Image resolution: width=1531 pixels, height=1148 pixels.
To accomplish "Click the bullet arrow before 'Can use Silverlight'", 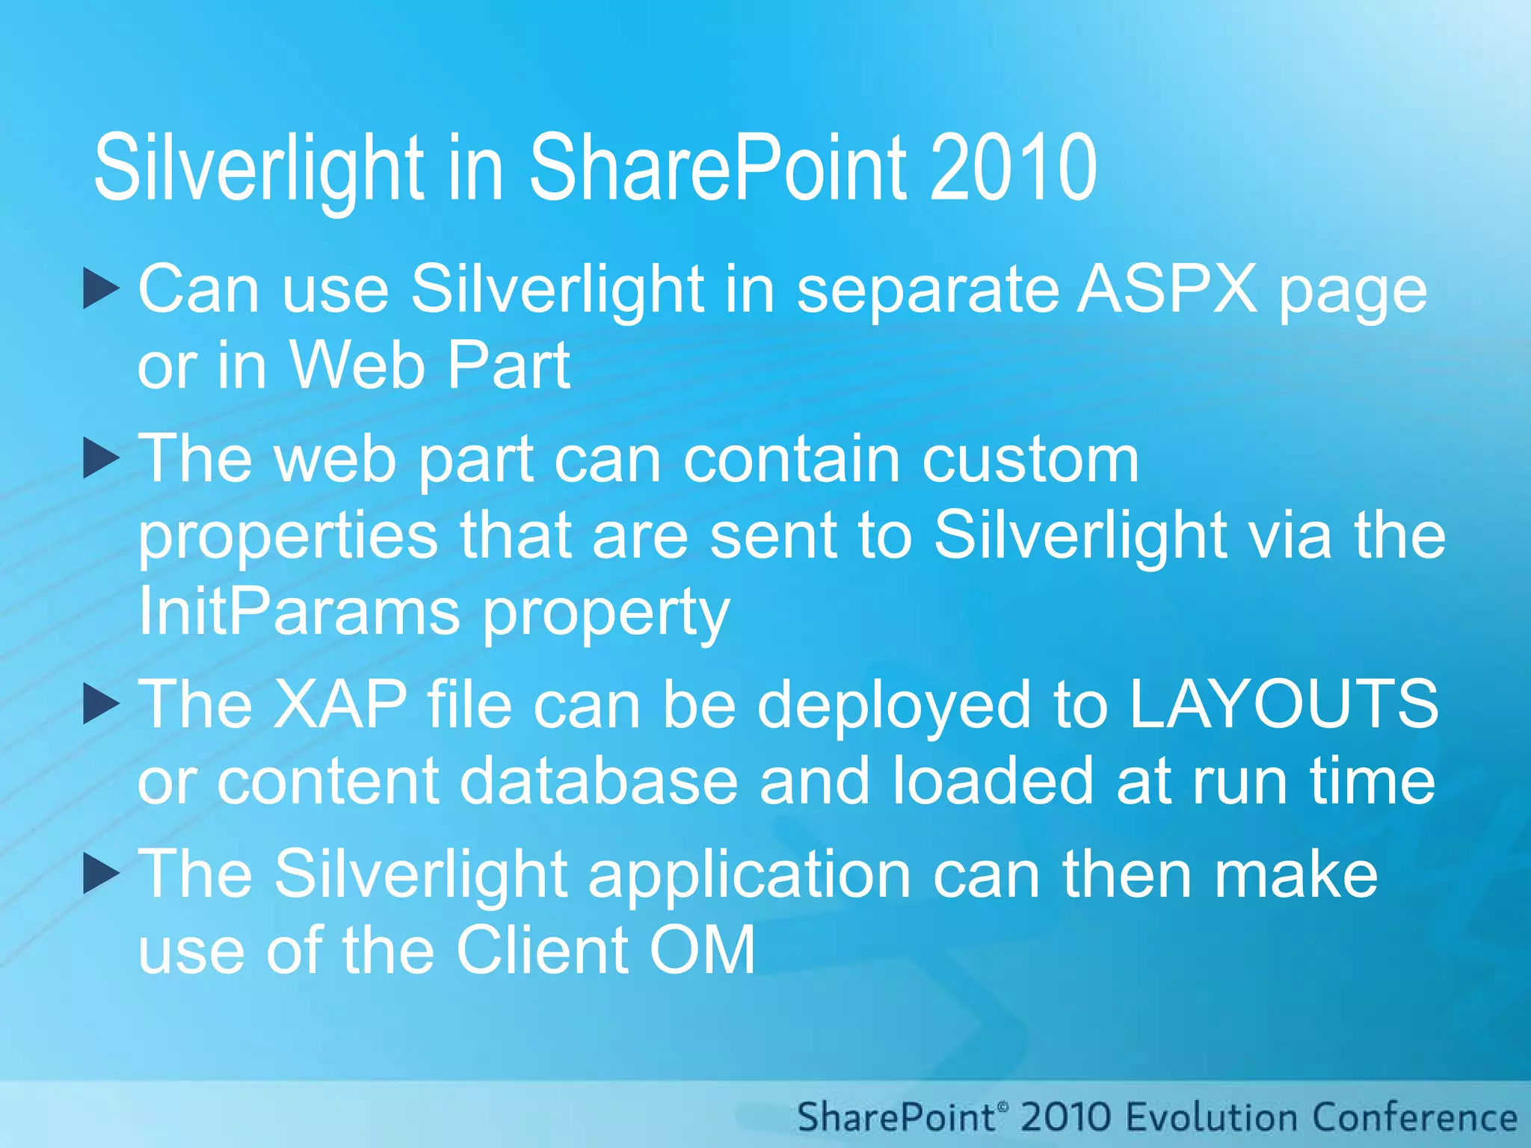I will coord(101,289).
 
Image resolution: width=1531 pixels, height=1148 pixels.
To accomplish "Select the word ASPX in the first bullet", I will coord(1167,288).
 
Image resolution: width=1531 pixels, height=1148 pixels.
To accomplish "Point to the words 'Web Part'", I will coord(430,365).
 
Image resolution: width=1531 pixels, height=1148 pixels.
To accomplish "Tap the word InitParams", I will coord(299,611).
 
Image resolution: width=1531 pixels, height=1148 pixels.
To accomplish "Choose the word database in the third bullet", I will coord(598,781).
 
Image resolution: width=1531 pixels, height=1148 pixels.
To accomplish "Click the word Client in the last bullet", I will coord(542,950).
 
